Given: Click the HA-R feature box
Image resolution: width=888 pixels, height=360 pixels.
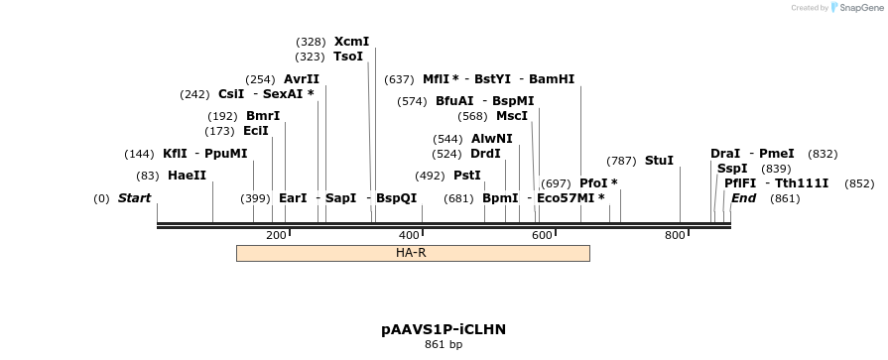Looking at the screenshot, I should point(413,253).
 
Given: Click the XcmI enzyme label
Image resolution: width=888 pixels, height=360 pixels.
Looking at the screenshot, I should point(351,42).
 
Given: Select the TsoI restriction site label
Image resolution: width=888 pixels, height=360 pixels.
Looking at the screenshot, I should point(348,57).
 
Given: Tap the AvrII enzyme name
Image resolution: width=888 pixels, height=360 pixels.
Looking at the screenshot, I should point(302,79).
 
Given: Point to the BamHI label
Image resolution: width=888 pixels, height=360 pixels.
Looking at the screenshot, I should point(552,79).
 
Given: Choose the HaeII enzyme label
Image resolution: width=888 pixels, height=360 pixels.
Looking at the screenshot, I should point(187,176).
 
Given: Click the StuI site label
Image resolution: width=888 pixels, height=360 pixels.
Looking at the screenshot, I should point(659,161).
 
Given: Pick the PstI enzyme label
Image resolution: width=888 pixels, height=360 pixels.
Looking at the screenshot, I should point(466,176).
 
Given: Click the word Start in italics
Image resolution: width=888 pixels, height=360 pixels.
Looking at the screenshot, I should point(134,198).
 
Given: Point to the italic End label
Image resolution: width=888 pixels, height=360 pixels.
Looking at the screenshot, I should point(743,198).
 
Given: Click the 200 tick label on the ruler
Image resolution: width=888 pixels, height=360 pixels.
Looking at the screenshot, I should point(276,235).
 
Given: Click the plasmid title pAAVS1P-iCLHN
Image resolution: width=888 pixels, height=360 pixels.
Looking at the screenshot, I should point(449,328).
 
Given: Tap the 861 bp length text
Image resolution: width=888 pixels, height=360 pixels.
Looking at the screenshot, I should point(443,344).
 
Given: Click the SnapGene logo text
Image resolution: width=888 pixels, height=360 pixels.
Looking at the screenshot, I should point(859,8).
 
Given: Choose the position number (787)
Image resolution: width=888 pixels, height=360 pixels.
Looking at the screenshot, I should point(621,161).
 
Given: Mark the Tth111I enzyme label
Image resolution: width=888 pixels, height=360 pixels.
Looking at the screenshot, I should point(802,183).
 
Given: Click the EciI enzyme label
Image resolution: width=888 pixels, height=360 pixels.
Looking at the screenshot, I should point(256,131).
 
